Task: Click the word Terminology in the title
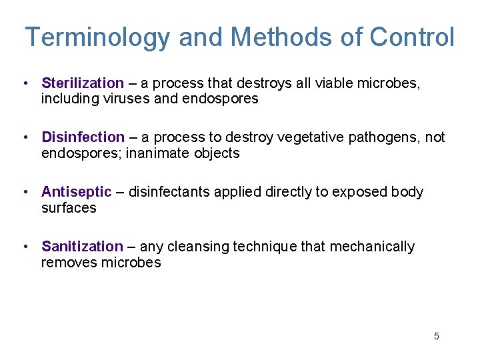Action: click(x=98, y=37)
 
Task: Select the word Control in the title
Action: click(x=412, y=37)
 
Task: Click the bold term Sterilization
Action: click(x=83, y=83)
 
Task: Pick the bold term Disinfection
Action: click(x=83, y=137)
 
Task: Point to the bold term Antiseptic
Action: click(x=77, y=192)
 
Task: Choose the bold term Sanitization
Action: click(x=82, y=247)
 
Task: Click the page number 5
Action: click(x=437, y=336)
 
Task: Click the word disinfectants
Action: click(x=169, y=192)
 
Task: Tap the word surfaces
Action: click(x=69, y=208)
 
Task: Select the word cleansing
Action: click(x=199, y=247)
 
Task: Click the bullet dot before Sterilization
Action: click(x=24, y=83)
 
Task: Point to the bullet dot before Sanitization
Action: click(x=24, y=247)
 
